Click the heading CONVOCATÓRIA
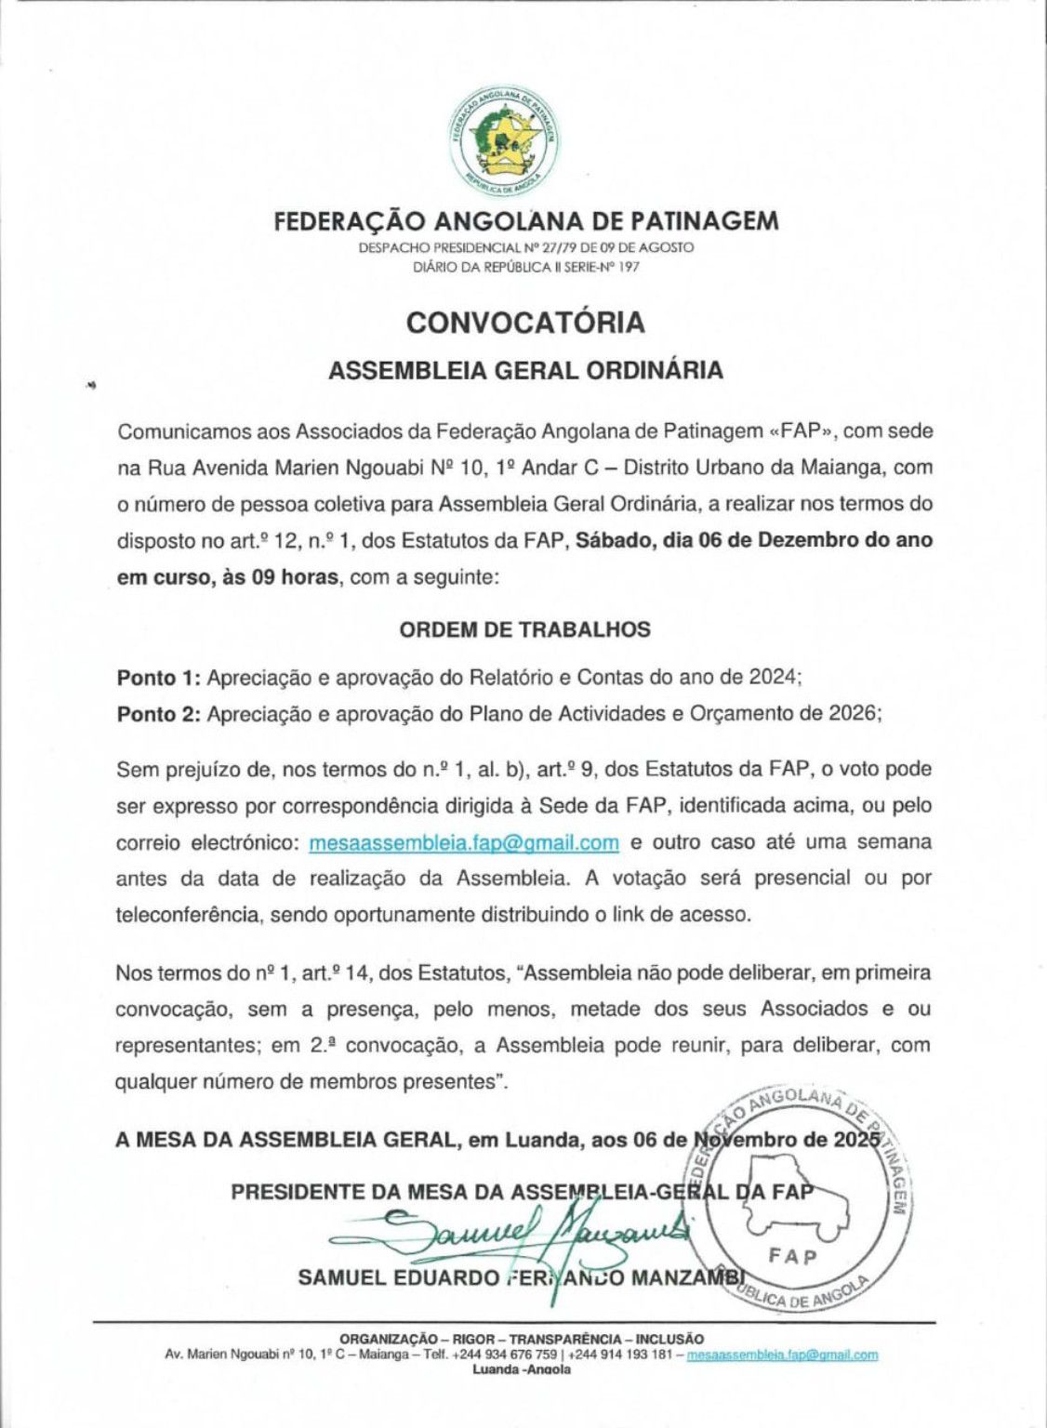click(525, 322)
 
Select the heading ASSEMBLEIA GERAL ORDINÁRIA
click(525, 369)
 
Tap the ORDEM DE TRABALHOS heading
click(525, 629)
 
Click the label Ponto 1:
click(158, 678)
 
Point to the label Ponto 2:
click(158, 714)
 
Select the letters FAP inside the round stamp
click(794, 1257)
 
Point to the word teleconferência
click(189, 914)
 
